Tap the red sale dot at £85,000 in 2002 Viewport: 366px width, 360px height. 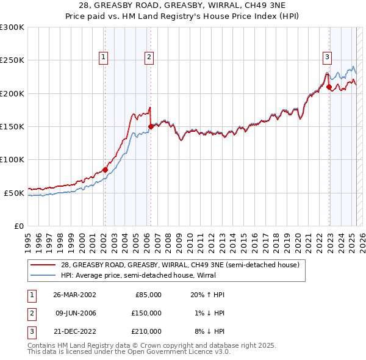tap(105, 170)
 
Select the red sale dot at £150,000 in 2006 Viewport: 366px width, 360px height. tap(151, 126)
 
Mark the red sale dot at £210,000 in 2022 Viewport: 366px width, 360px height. tap(329, 87)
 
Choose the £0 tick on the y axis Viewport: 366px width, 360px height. tap(18, 226)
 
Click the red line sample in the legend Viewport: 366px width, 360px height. tap(44, 265)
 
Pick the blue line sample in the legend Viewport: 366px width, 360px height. tap(44, 275)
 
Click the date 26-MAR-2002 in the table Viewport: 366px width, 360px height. tap(74, 295)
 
